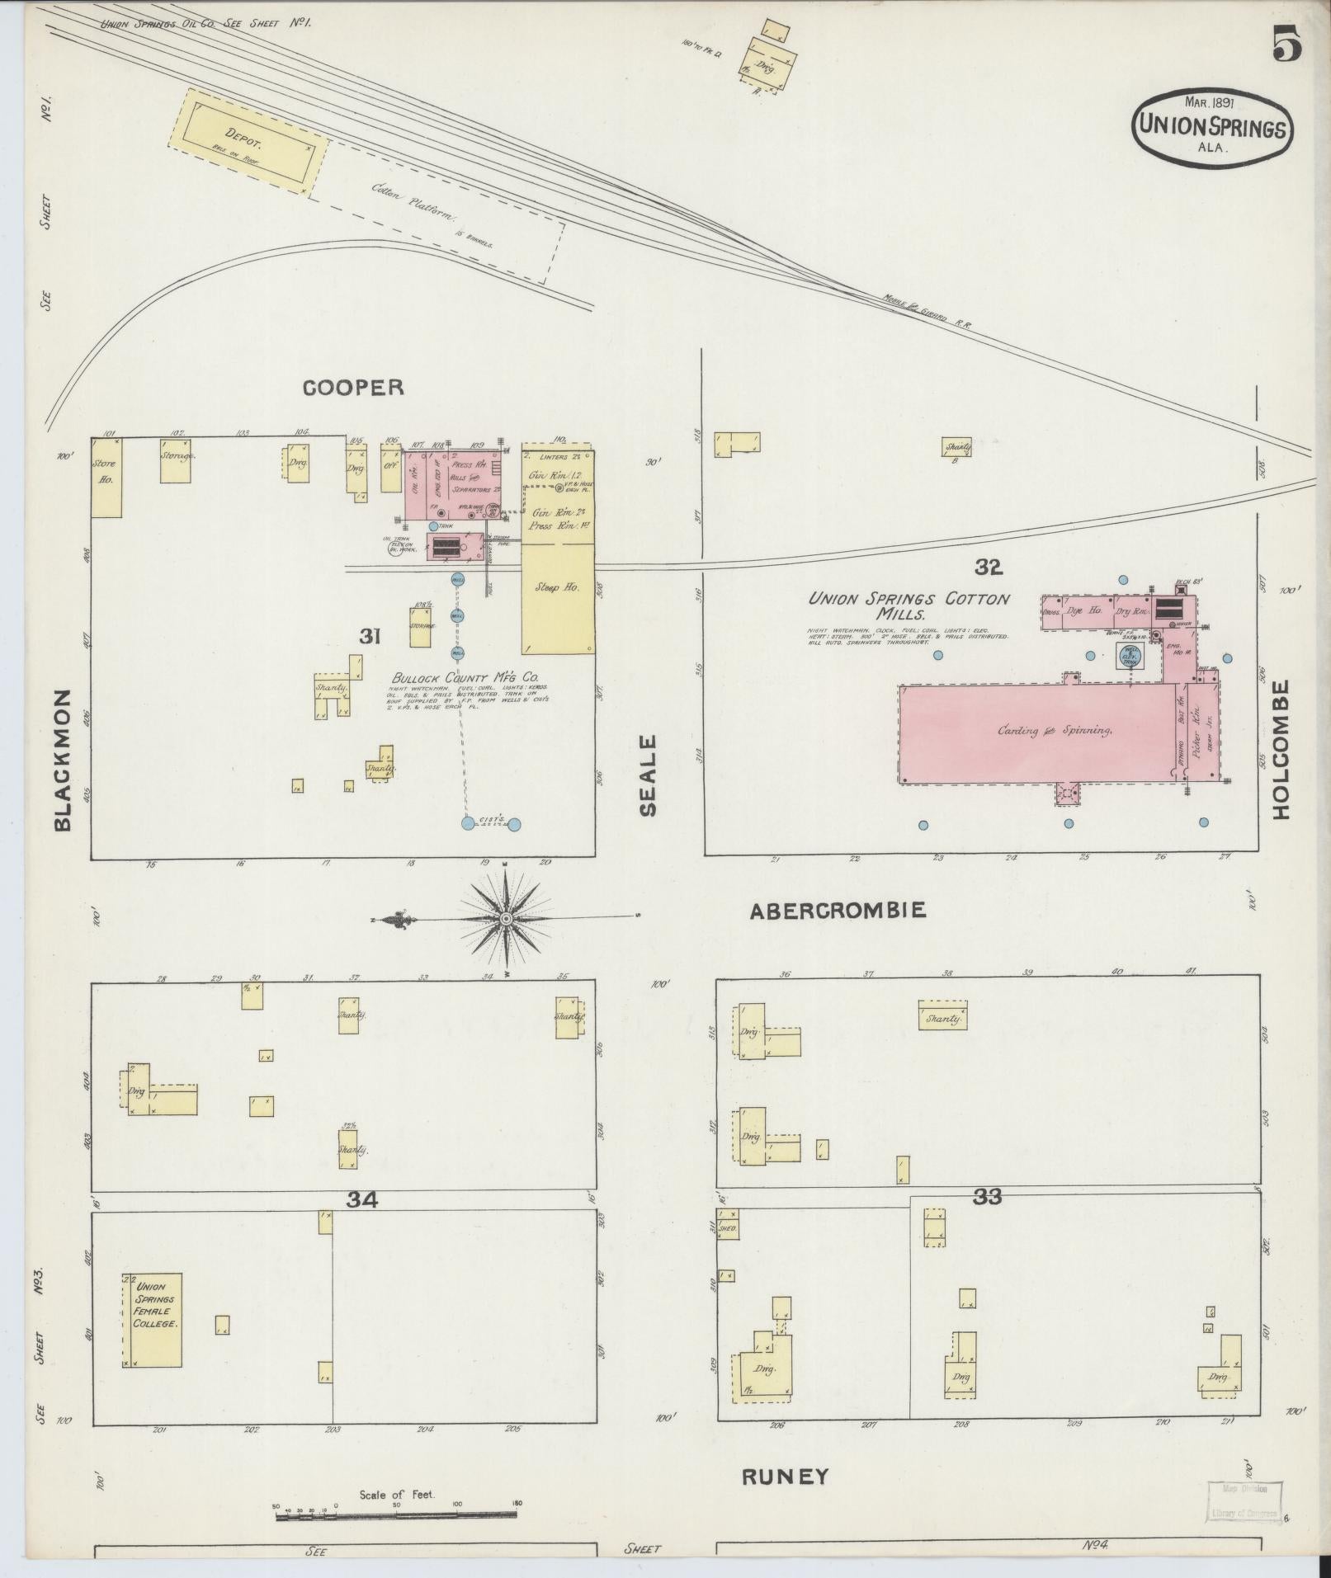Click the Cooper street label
pyautogui.click(x=353, y=388)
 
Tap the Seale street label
pyautogui.click(x=649, y=775)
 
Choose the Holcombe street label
pyautogui.click(x=1280, y=749)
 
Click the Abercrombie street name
pyautogui.click(x=838, y=910)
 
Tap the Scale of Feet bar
pyautogui.click(x=396, y=1512)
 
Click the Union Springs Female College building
pyautogui.click(x=153, y=1320)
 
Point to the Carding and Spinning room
pyautogui.click(x=1040, y=731)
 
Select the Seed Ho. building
pyautogui.click(x=558, y=599)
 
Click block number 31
pyautogui.click(x=369, y=636)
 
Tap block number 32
pyautogui.click(x=987, y=567)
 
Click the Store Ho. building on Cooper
pyautogui.click(x=106, y=478)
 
